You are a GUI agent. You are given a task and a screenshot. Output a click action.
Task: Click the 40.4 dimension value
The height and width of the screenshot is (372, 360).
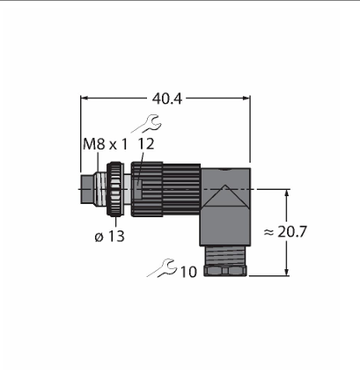click(167, 99)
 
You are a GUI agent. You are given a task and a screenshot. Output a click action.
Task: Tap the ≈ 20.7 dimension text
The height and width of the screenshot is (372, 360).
click(285, 232)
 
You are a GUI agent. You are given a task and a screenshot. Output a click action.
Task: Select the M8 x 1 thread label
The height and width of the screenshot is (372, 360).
click(106, 144)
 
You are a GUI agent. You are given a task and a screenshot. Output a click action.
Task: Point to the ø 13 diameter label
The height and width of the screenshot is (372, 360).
click(110, 237)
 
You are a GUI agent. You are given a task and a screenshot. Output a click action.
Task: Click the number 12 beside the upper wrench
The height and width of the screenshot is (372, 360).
click(146, 144)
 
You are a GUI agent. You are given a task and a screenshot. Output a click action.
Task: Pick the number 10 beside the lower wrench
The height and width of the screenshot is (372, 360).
click(188, 272)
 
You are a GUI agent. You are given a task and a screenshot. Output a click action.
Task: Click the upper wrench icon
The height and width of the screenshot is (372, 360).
click(147, 124)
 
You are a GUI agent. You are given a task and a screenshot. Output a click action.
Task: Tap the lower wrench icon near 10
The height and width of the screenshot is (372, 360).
click(162, 267)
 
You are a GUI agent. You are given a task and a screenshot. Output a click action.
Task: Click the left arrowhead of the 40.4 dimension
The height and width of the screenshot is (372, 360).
click(84, 98)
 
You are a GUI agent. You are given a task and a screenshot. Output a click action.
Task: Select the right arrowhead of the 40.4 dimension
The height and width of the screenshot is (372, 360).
click(246, 98)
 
